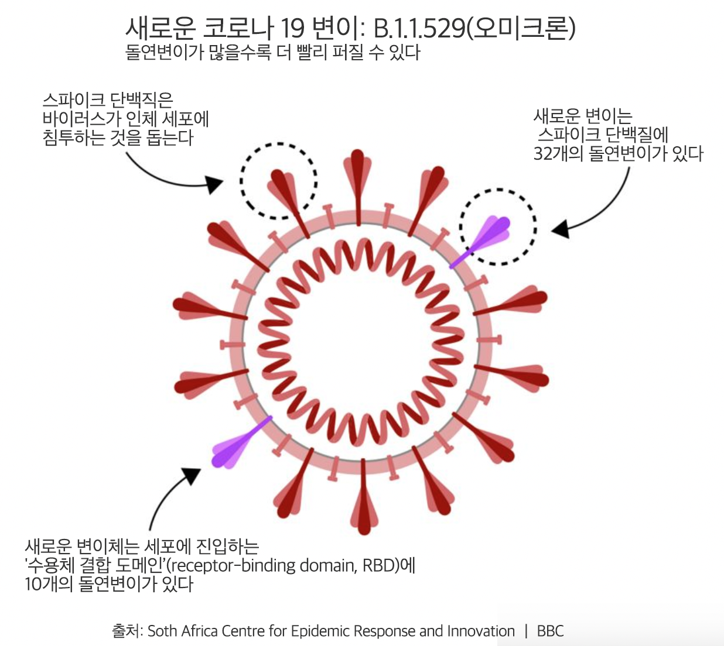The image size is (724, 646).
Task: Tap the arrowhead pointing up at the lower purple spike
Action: (x=193, y=475)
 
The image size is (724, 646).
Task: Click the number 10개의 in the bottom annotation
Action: (x=49, y=584)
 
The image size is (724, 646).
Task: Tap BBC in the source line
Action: (x=550, y=631)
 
